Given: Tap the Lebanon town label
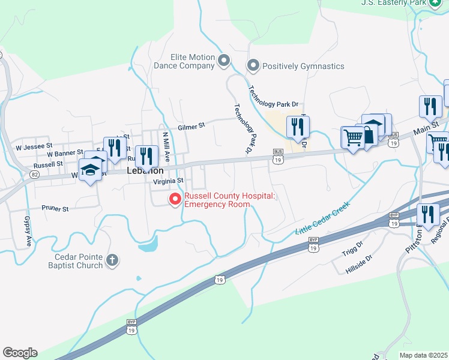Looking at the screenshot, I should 145,170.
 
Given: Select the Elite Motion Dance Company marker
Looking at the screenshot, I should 224,60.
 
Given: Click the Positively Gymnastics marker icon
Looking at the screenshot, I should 253,66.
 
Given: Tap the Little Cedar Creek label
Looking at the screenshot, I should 322,221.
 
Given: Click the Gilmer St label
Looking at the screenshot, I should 191,126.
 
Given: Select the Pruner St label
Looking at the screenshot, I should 55,209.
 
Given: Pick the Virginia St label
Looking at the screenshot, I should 167,181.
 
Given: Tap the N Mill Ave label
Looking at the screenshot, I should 167,148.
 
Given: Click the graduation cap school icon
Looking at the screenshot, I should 90,170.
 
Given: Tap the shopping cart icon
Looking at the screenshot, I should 352,138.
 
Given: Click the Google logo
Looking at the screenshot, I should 20,353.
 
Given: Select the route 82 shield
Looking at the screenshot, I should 35,175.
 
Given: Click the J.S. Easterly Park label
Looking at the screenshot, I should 393,3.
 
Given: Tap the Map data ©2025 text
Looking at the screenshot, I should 423,355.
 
